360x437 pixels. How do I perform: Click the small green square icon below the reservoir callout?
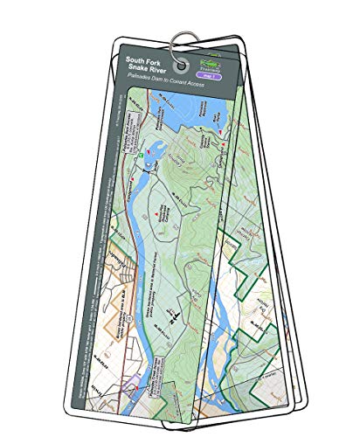click(x=139, y=154)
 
